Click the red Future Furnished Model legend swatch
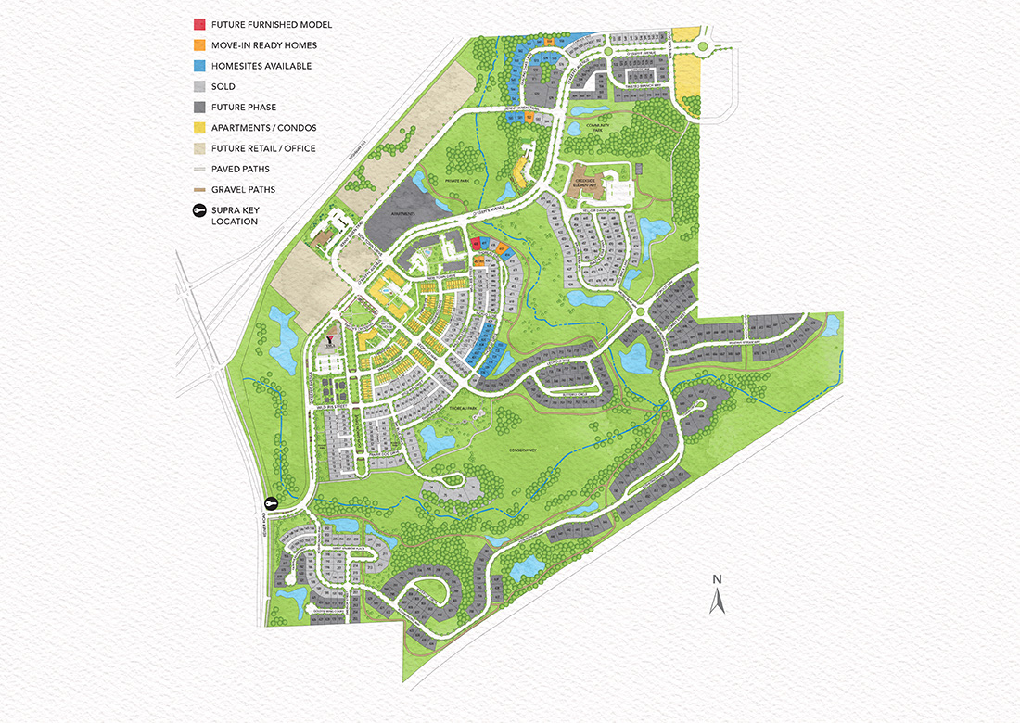coord(199,24)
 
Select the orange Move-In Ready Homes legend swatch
coord(199,44)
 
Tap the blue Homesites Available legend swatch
coord(199,66)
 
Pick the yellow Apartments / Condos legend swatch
coord(199,127)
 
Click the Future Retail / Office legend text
coord(263,148)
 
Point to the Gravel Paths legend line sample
coord(199,189)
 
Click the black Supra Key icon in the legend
coord(199,211)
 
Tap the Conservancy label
coord(523,450)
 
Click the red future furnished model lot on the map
coord(475,244)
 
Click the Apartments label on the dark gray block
coord(404,213)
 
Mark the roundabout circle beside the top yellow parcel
coord(702,46)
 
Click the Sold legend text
coord(223,86)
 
